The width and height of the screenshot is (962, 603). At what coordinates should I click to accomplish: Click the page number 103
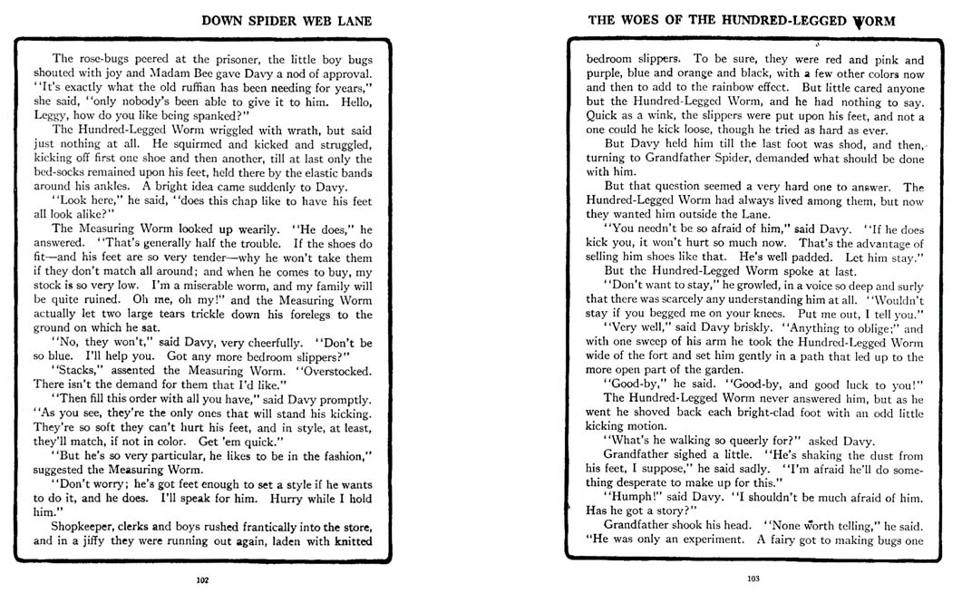pyautogui.click(x=753, y=578)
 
